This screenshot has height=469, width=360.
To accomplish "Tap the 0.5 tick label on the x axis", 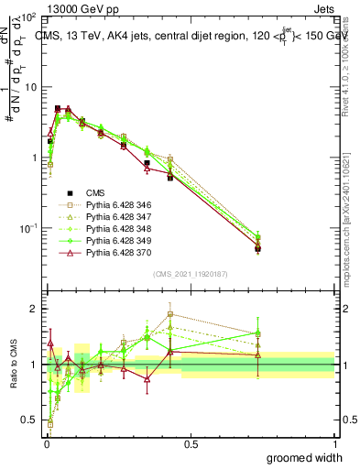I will pyautogui.click(x=190, y=443).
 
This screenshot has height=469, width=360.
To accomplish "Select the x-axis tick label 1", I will pyautogui.click(x=333, y=443).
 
